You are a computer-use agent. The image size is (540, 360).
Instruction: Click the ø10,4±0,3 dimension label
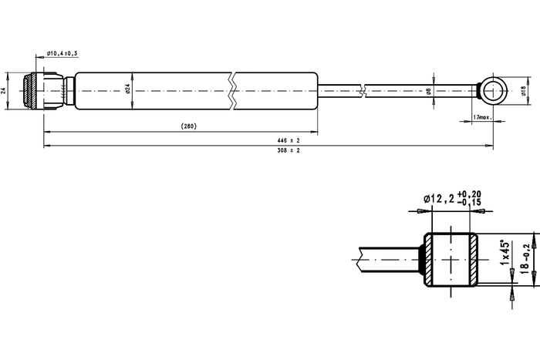tap(62, 53)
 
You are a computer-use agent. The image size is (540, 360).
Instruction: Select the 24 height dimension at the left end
tap(4, 91)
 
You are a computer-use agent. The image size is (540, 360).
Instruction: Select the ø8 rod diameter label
tap(429, 91)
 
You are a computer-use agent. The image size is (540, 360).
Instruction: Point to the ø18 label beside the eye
tap(524, 91)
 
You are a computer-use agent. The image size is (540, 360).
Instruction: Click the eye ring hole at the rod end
tap(494, 91)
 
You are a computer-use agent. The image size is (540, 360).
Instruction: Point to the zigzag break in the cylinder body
tap(232, 91)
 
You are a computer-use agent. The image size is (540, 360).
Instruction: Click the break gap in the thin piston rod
tap(363, 91)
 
